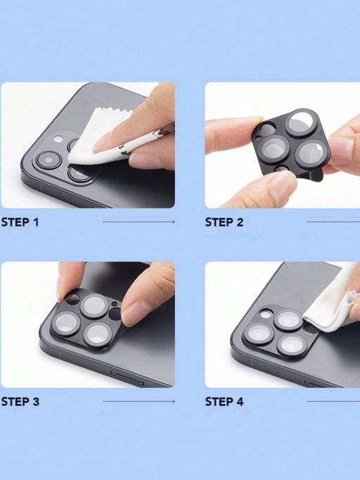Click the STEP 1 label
20,222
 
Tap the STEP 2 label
224,222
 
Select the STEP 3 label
20,401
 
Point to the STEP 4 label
224,401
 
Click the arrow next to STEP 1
139,222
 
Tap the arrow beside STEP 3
139,401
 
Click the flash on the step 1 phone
58,139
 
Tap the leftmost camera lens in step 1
49,160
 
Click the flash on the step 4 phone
266,314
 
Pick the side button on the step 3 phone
127,378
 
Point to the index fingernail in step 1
102,142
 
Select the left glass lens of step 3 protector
66,323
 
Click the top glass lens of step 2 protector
301,122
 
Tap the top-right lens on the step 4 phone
288,320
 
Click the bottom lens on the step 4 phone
292,346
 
